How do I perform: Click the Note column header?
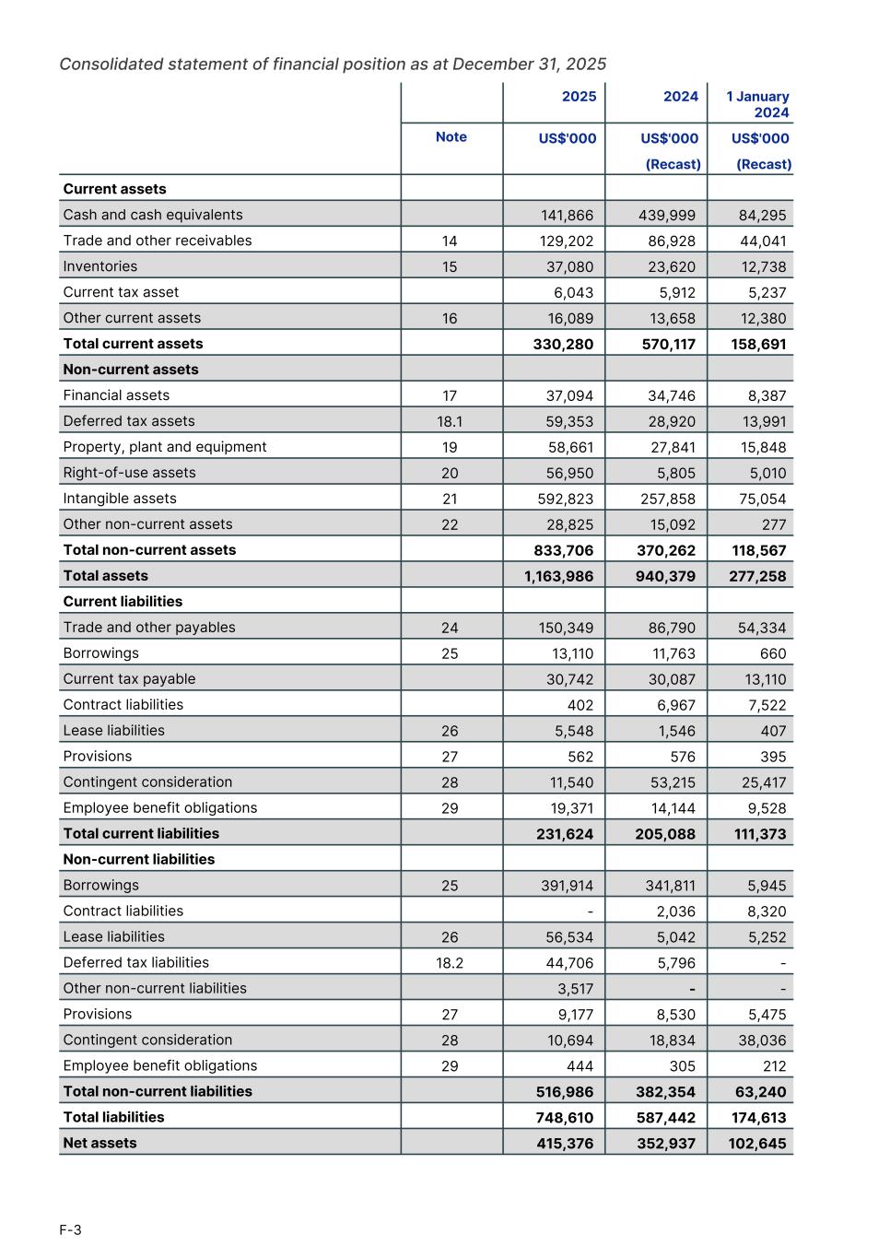451,137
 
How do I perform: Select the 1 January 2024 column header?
757,104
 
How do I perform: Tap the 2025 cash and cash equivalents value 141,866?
567,215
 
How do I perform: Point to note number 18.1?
450,421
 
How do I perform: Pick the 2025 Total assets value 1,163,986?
558,576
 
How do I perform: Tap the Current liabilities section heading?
123,602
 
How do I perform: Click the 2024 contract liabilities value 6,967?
675,705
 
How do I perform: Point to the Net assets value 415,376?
565,1143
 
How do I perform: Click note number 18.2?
450,962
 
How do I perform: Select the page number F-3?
70,1229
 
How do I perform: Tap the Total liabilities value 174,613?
757,1117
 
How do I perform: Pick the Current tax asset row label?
121,292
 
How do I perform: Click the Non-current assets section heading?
130,370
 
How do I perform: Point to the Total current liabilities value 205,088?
665,834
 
